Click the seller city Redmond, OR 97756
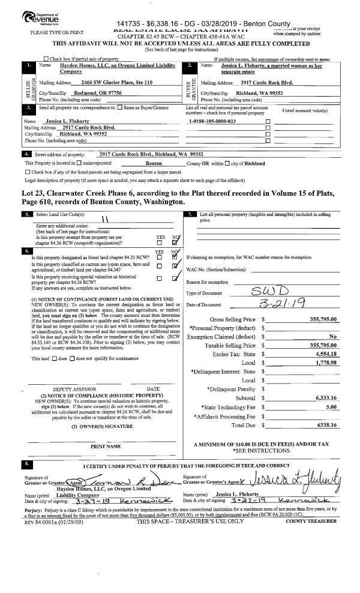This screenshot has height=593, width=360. pos(97,93)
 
